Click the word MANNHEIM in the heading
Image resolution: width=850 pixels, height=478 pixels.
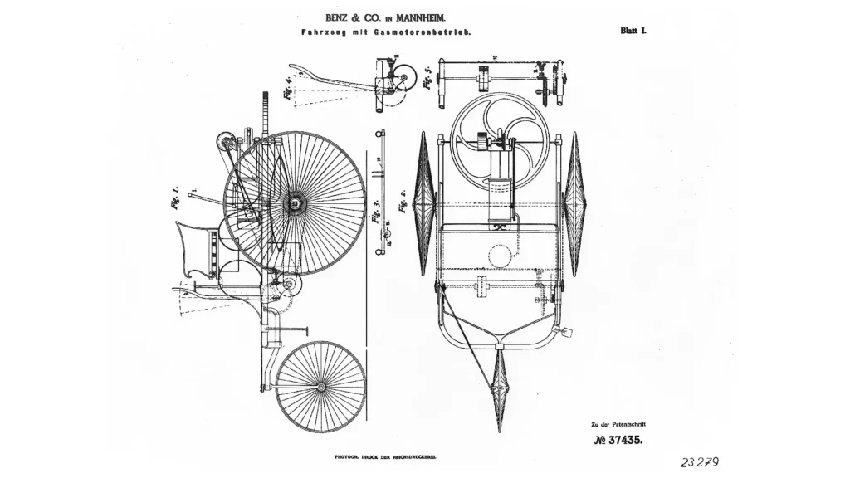pos(420,16)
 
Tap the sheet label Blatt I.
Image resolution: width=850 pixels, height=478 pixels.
pos(633,31)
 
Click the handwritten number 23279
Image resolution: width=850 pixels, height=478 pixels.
pos(699,462)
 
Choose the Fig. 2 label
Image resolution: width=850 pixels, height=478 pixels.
pos(405,200)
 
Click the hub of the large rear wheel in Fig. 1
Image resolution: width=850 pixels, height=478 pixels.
pos(294,202)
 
